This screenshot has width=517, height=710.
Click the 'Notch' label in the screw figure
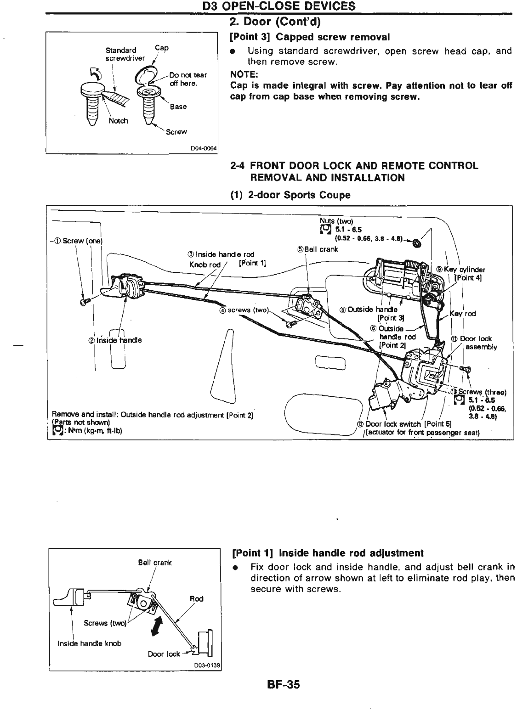click(118, 121)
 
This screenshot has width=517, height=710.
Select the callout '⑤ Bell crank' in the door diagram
click(317, 250)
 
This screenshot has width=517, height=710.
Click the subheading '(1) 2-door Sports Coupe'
click(290, 195)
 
